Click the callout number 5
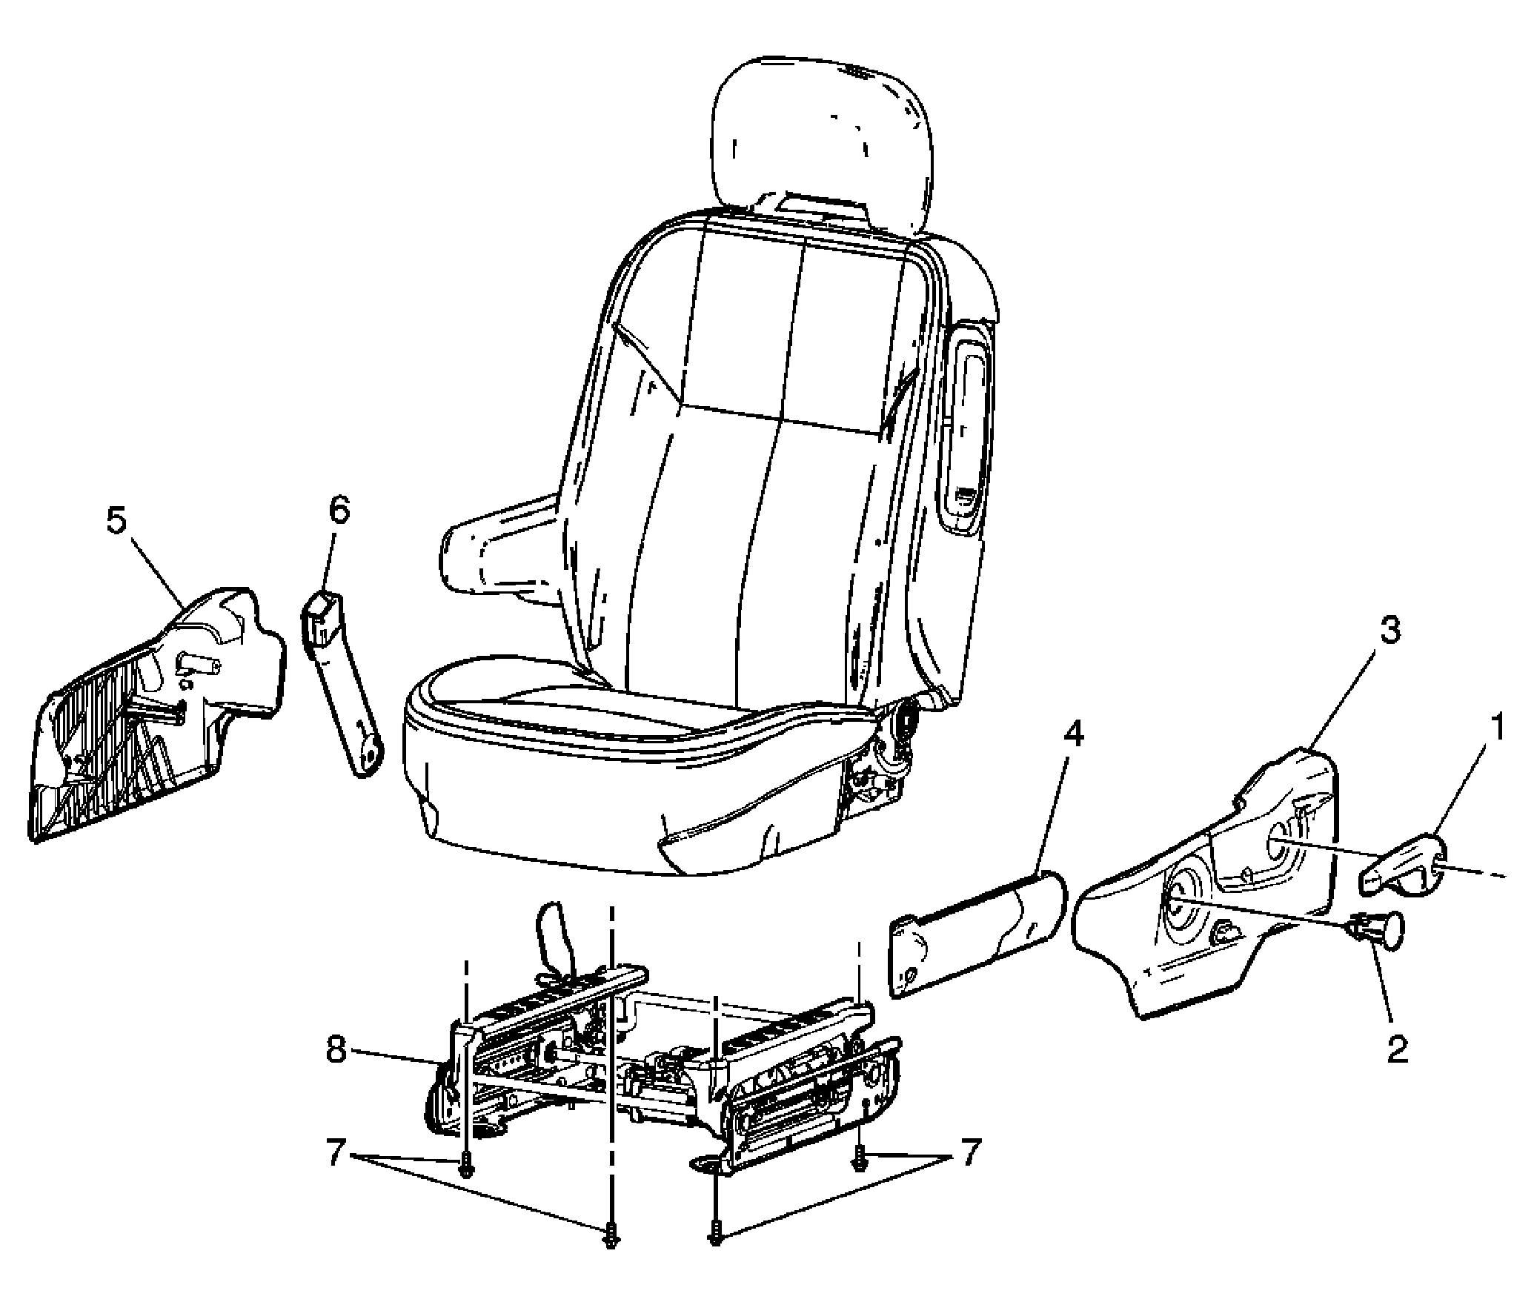[x=116, y=522]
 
